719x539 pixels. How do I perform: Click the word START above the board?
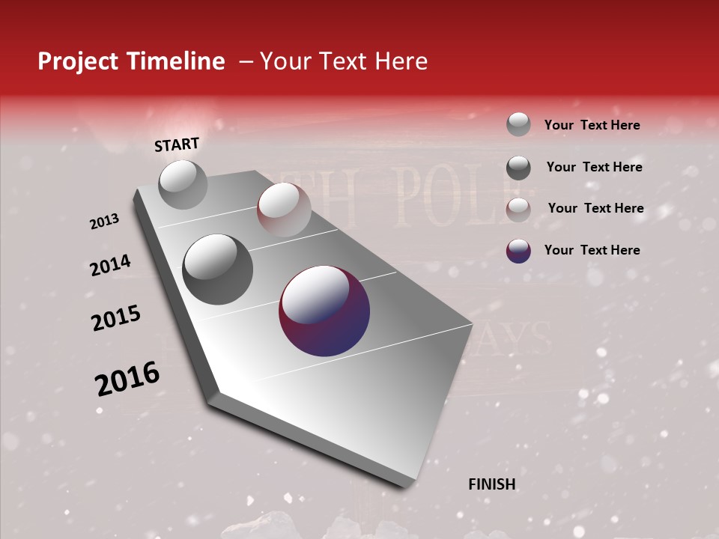pyautogui.click(x=177, y=144)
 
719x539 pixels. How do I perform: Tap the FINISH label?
pyautogui.click(x=491, y=484)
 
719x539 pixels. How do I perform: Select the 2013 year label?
pyautogui.click(x=104, y=222)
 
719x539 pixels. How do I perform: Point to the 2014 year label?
pyautogui.click(x=110, y=266)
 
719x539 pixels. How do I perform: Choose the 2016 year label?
pyautogui.click(x=127, y=378)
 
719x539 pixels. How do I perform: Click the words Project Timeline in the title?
pyautogui.click(x=131, y=61)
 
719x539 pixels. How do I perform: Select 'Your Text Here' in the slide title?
pyautogui.click(x=344, y=61)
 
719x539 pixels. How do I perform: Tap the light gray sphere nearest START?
pyautogui.click(x=183, y=184)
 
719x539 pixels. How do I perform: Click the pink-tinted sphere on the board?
pyautogui.click(x=284, y=209)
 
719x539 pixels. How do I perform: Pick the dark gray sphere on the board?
pyautogui.click(x=218, y=269)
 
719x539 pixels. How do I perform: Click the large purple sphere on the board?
pyautogui.click(x=324, y=310)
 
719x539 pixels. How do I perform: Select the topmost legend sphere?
pyautogui.click(x=518, y=124)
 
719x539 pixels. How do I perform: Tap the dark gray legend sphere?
pyautogui.click(x=518, y=167)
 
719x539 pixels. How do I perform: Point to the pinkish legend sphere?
pyautogui.click(x=518, y=209)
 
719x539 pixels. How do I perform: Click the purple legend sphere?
pyautogui.click(x=518, y=250)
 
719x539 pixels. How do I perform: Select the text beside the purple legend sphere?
pyautogui.click(x=592, y=250)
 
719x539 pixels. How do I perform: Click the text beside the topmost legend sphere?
pyautogui.click(x=592, y=125)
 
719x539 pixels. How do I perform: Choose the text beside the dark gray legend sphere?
pyautogui.click(x=594, y=167)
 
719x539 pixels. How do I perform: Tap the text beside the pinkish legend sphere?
pyautogui.click(x=595, y=208)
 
